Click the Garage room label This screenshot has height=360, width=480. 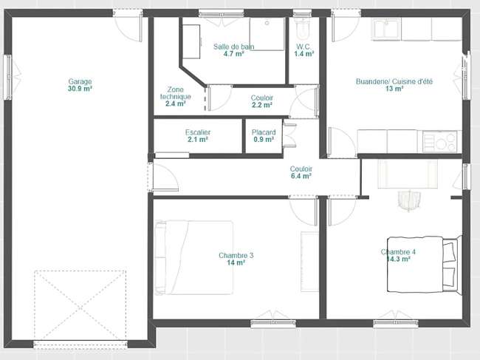click(80, 81)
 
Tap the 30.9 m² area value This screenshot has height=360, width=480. click(80, 89)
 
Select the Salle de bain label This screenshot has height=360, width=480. click(234, 47)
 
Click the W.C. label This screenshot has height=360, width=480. click(304, 47)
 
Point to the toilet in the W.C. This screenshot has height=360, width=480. click(303, 29)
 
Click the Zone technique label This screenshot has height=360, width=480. click(176, 93)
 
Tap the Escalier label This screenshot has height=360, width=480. click(198, 132)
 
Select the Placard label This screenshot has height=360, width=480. click(264, 132)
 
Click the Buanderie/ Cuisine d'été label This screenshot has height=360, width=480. click(394, 81)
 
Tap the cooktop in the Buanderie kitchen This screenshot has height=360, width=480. click(440, 141)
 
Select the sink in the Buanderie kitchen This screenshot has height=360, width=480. click(386, 29)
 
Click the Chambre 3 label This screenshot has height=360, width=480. click(236, 255)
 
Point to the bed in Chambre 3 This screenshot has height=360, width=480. click(193, 258)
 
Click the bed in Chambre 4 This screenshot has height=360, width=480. click(425, 264)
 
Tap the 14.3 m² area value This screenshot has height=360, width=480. click(398, 259)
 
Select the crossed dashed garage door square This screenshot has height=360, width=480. click(80, 305)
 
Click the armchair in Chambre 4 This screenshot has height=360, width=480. click(409, 200)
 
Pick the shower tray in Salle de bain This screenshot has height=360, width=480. click(267, 34)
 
